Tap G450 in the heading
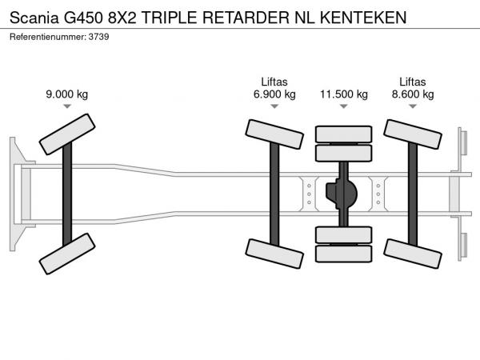point(85,15)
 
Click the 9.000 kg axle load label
point(66,94)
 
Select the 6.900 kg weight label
point(274,94)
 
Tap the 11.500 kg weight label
point(344,94)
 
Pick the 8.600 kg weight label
point(412,94)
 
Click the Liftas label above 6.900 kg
point(274,82)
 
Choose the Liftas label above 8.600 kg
point(412,82)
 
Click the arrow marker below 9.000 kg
point(66,106)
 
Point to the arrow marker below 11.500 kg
point(344,106)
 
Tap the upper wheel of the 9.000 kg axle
point(66,133)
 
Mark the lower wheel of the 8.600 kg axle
point(412,250)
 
